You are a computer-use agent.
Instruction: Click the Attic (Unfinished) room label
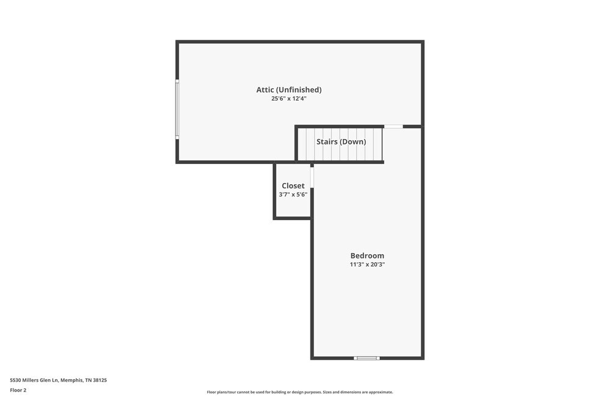[x=289, y=90]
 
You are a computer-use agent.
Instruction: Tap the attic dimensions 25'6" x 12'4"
[x=289, y=98]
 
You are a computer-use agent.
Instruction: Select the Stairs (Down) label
[x=341, y=141]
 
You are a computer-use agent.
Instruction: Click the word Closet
[x=293, y=185]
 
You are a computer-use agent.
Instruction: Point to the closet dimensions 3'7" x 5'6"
[x=293, y=195]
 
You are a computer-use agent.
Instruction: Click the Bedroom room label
[x=367, y=255]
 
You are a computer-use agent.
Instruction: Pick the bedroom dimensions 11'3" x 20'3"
[x=367, y=264]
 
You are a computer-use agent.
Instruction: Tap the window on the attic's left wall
[x=177, y=109]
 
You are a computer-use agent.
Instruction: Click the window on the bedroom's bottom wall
[x=366, y=359]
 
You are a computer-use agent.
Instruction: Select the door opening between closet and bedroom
[x=312, y=177]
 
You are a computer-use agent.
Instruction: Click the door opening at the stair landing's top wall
[x=393, y=126]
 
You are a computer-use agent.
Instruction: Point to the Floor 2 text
[x=18, y=390]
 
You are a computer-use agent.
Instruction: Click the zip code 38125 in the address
[x=101, y=380]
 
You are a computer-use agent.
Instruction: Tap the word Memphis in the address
[x=71, y=380]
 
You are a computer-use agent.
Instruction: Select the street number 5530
[x=15, y=380]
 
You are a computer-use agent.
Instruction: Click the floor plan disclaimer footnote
[x=300, y=392]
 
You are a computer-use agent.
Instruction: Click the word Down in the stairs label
[x=353, y=141]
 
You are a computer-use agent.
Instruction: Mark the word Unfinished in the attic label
[x=299, y=90]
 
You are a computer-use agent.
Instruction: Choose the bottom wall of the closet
[x=292, y=218]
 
